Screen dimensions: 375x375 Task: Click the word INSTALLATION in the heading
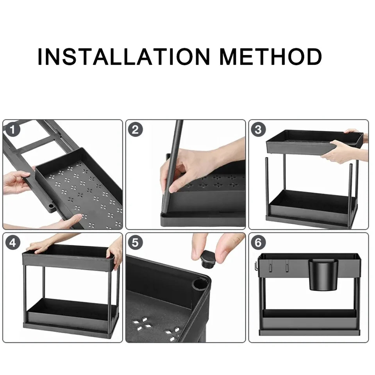point(124,57)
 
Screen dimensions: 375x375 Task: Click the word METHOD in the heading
point(270,57)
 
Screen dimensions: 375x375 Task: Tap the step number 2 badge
point(135,129)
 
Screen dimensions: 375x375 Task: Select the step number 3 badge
point(258,129)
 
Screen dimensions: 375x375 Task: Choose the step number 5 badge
point(135,243)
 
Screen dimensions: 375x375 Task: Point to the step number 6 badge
point(258,243)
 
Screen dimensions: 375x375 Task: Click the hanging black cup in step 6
point(323,275)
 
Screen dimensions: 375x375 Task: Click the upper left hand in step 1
point(16,182)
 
